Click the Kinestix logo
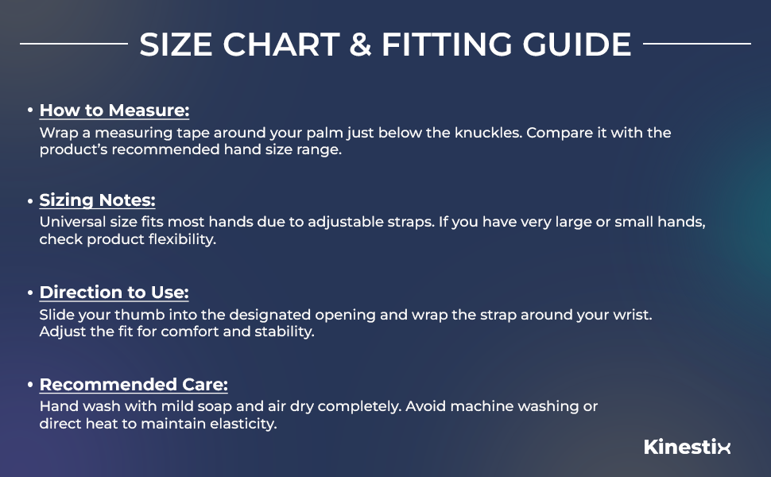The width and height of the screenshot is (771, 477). (x=687, y=447)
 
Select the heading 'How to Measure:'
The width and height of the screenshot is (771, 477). (x=114, y=111)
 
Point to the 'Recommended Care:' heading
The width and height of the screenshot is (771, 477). (x=134, y=385)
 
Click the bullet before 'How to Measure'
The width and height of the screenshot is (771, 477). (x=30, y=111)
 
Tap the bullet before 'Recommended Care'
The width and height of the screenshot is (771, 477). (x=30, y=385)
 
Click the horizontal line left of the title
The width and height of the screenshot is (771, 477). (x=73, y=44)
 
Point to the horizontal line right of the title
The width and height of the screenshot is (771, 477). (x=696, y=44)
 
